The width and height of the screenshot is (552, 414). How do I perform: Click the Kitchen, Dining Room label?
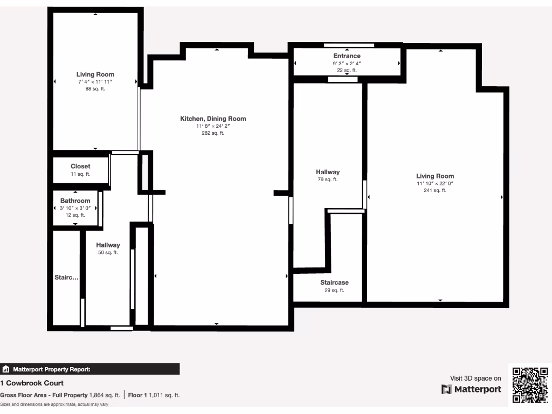tap(213, 119)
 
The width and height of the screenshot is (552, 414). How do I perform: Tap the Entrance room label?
tap(347, 56)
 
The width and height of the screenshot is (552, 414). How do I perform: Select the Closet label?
tap(80, 167)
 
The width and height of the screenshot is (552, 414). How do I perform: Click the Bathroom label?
tap(75, 201)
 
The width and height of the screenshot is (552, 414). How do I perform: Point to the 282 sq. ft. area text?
tap(213, 133)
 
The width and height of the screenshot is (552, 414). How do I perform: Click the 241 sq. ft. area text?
tap(434, 190)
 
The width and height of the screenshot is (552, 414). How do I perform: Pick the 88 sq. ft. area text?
tap(95, 88)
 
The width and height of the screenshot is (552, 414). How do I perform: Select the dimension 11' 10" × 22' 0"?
tap(434, 183)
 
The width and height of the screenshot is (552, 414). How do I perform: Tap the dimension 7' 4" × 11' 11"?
tap(95, 81)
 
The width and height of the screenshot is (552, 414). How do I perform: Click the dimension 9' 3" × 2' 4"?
tap(347, 63)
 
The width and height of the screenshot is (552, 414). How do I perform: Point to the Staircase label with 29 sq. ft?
tap(334, 282)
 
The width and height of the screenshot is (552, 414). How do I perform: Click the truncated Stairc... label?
tap(66, 278)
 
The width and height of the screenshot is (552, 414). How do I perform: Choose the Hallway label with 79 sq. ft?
tap(327, 172)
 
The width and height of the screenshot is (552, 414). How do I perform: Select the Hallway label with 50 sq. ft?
tap(108, 245)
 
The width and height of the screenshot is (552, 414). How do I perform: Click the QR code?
tap(530, 385)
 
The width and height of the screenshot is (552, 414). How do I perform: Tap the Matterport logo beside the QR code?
tap(471, 389)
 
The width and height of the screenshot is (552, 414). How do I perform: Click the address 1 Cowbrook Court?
tap(32, 383)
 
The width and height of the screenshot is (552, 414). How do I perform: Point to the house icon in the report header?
tap(6, 369)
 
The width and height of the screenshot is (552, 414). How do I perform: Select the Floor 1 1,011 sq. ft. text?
tap(154, 395)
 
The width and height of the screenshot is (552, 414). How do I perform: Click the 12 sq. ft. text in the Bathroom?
tap(75, 215)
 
